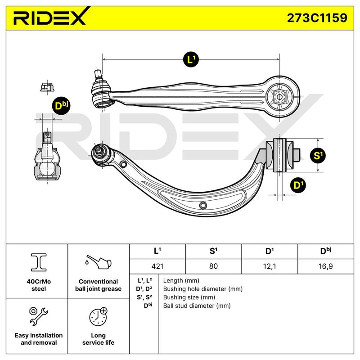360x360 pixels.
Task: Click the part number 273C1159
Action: click(x=317, y=18)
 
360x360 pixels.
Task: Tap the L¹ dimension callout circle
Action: click(x=191, y=60)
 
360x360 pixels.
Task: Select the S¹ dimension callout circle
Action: click(x=318, y=155)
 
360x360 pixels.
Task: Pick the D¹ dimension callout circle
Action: click(x=298, y=185)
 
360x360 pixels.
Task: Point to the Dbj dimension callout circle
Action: click(x=61, y=106)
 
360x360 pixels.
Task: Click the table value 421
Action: click(x=157, y=266)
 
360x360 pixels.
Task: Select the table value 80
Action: click(x=213, y=266)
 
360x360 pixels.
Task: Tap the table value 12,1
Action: click(x=270, y=266)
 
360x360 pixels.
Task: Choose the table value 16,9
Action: click(x=325, y=266)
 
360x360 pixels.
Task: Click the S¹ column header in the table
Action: click(x=213, y=251)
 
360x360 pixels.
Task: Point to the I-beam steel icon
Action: click(x=39, y=262)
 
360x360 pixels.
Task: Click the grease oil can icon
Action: click(x=98, y=262)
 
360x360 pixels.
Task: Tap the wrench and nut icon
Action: click(x=39, y=316)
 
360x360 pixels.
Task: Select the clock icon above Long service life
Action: click(x=99, y=317)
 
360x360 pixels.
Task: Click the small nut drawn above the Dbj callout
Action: click(x=47, y=87)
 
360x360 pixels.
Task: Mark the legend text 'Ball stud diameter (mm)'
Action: click(x=197, y=306)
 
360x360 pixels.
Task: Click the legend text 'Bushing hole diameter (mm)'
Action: click(x=203, y=289)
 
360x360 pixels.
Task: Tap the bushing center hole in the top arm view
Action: click(x=279, y=97)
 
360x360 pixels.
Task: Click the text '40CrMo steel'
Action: click(x=39, y=285)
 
